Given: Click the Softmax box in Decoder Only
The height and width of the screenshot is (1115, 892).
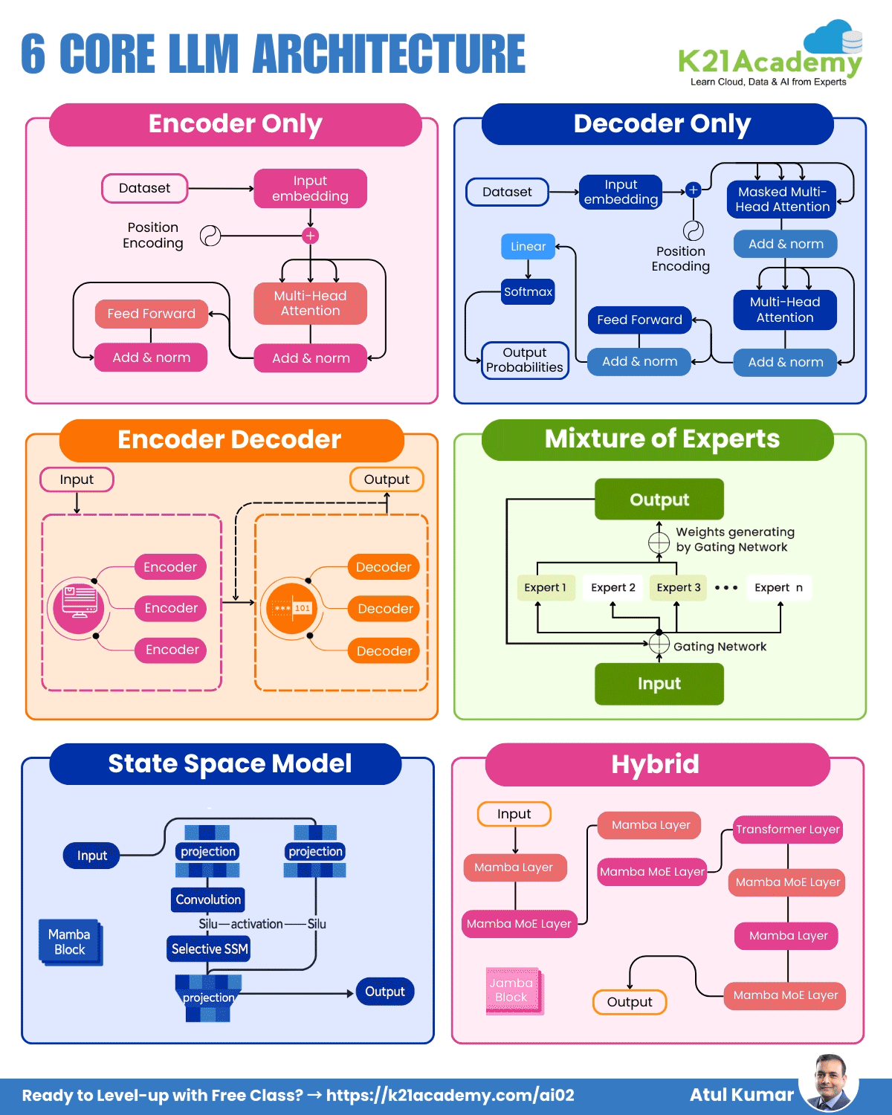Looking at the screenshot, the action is [x=528, y=291].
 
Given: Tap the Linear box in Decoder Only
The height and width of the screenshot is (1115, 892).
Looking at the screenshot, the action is [x=528, y=247].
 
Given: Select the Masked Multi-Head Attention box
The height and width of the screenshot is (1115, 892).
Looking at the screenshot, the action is [x=782, y=199].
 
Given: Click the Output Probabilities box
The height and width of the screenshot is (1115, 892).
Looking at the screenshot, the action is [x=525, y=360].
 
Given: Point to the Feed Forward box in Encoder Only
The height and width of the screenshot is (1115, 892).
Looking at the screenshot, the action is [x=152, y=314].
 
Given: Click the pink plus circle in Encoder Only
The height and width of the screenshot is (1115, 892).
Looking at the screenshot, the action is [x=311, y=236].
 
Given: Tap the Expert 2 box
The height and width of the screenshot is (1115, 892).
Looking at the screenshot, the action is [x=613, y=587].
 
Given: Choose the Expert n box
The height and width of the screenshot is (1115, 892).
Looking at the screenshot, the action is [x=778, y=587].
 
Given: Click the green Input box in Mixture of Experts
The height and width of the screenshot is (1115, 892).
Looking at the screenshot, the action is [x=659, y=684].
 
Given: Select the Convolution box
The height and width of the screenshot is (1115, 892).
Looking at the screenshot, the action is [x=208, y=899].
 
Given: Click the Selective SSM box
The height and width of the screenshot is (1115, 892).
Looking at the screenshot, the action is [x=209, y=948].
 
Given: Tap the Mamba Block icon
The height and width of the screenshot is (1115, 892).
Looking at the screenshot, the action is [x=71, y=943].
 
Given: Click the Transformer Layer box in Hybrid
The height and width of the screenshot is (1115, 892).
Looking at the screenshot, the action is [x=788, y=830].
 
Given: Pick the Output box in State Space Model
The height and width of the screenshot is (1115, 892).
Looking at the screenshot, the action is [x=384, y=992].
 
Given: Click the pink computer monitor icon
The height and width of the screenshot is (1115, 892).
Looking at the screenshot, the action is [x=78, y=607].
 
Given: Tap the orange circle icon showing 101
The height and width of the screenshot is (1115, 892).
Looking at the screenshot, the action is [x=291, y=608].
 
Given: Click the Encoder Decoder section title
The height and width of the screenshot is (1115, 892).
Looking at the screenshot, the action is [x=229, y=440].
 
